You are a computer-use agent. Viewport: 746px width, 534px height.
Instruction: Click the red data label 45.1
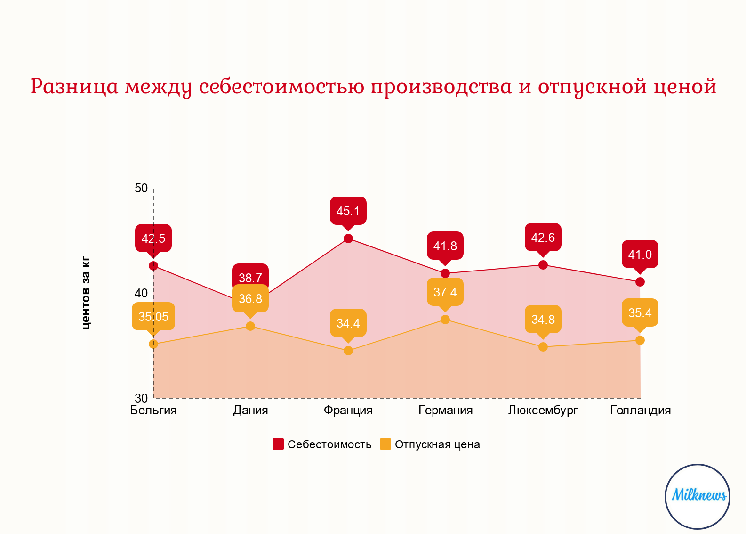[x=348, y=211]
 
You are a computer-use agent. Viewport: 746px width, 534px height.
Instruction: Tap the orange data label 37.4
[x=445, y=292]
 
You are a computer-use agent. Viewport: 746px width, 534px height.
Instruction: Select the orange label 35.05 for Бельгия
[x=153, y=317]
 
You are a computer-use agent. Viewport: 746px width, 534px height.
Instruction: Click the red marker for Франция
[x=348, y=238]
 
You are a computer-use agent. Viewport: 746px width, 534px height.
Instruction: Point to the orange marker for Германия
[x=445, y=320]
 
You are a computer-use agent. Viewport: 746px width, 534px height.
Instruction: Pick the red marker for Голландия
[x=640, y=282]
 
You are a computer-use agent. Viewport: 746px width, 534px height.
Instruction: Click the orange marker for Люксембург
[x=543, y=347]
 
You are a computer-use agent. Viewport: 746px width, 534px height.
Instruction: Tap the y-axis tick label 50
[x=141, y=188]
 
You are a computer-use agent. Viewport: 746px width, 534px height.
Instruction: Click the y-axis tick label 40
[x=141, y=293]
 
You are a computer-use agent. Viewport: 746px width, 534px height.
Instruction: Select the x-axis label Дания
[x=250, y=411]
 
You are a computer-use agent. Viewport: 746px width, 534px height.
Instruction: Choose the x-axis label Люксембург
[x=543, y=411]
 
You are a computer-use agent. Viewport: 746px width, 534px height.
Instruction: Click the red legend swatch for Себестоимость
[x=278, y=444]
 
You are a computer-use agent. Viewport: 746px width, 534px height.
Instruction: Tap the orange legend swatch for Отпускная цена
[x=385, y=444]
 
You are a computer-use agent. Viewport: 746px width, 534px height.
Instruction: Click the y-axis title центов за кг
[x=86, y=293]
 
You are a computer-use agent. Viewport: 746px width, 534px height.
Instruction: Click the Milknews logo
[x=698, y=496]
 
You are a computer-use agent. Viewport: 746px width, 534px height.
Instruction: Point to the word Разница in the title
[x=74, y=86]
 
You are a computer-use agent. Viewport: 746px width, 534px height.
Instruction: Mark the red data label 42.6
[x=543, y=238]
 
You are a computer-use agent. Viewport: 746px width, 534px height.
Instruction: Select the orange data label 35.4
[x=640, y=313]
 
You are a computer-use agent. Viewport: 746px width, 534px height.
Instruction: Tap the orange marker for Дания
[x=250, y=326]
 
